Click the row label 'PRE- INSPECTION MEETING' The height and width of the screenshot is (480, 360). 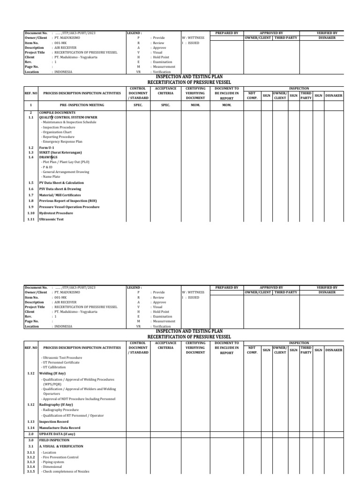point(82,106)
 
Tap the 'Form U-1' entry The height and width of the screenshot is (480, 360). point(47,148)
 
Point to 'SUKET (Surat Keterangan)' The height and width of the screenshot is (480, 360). point(60,152)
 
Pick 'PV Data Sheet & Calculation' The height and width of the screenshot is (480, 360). point(61,182)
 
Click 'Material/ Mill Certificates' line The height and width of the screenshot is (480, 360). point(60,195)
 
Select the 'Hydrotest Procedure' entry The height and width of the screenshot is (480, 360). point(56,213)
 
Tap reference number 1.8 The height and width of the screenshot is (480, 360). point(30,201)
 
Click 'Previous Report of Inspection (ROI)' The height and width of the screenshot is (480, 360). point(67,201)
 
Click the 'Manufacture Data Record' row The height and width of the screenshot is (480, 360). point(60,427)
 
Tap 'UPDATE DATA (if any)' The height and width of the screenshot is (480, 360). point(57,434)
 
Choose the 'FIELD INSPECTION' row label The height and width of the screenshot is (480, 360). point(54,441)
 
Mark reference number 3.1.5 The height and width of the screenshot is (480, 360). point(31,472)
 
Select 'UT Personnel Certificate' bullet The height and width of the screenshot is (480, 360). point(61,362)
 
